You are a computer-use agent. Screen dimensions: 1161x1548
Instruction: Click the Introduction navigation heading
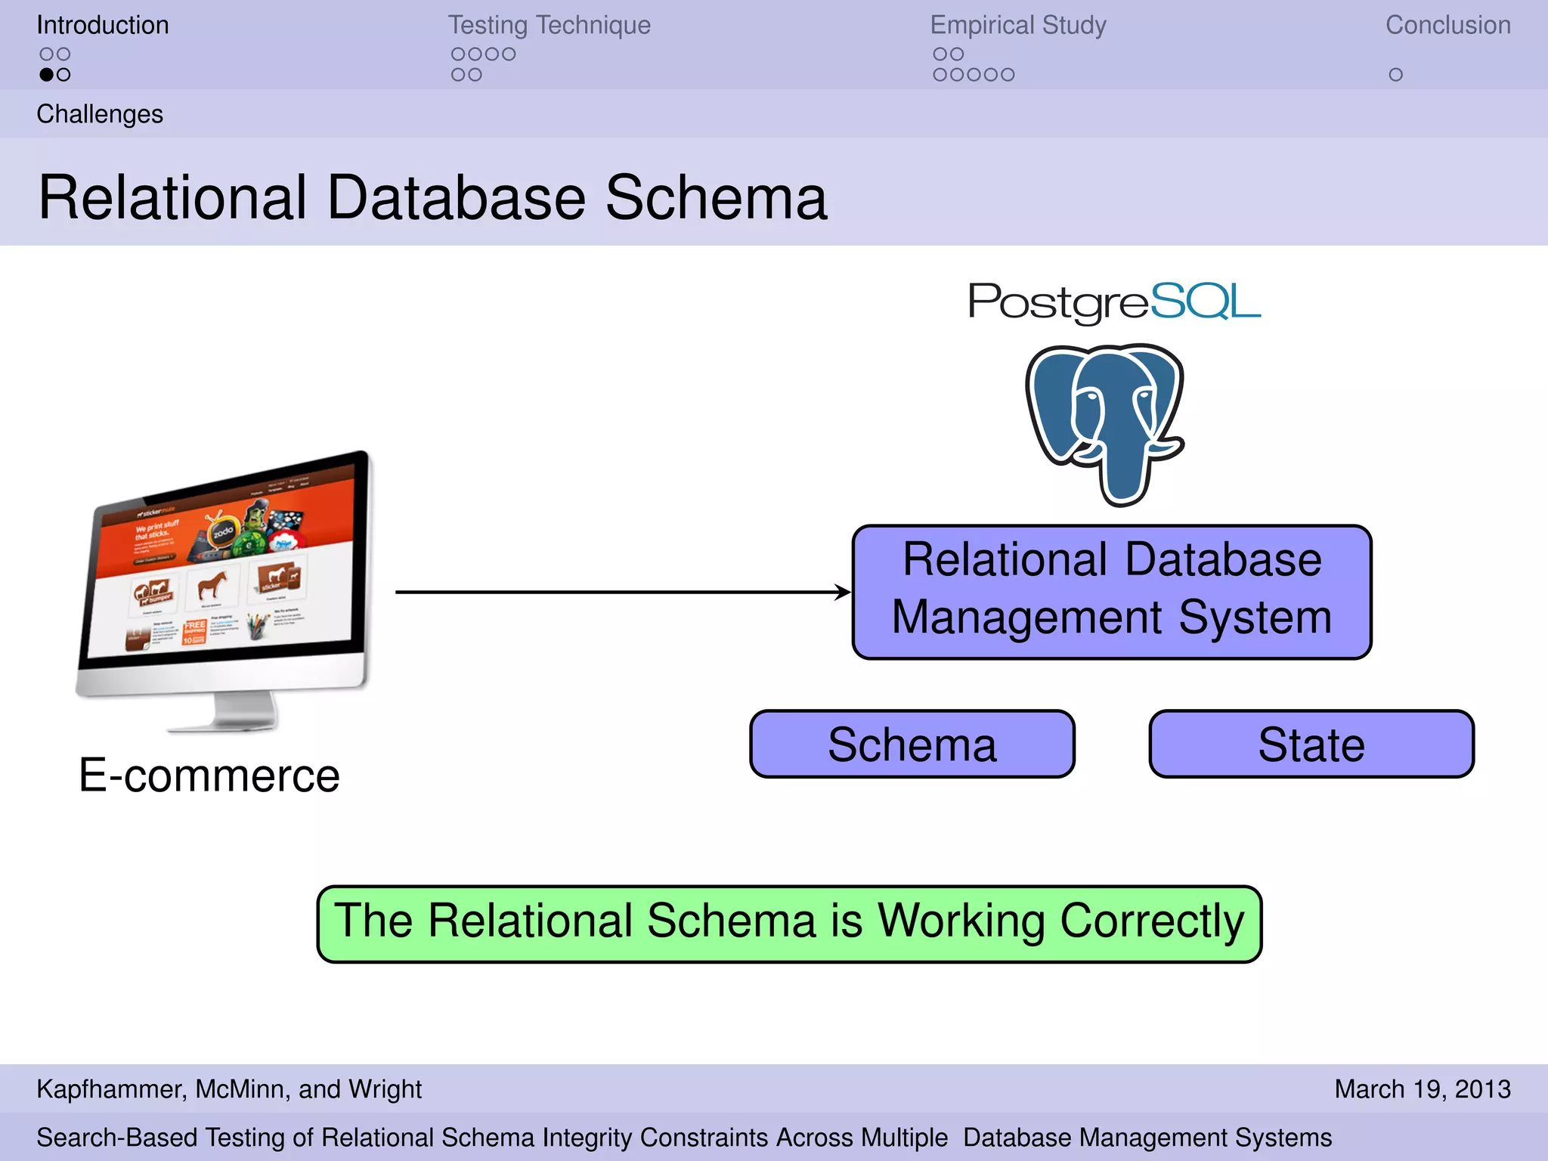tap(103, 25)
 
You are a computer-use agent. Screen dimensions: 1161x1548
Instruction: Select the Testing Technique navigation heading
tap(549, 25)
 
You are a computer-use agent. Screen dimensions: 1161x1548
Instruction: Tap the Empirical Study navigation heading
tap(1017, 25)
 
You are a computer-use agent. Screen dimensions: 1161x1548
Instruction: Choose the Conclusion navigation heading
tap(1447, 25)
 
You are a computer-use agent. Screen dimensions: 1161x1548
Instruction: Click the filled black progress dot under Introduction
tap(47, 75)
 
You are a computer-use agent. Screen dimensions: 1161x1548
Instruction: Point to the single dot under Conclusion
tap(1395, 75)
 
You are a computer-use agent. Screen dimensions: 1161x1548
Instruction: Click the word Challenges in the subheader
tap(100, 114)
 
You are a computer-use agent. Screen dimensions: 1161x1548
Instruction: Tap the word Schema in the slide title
tap(716, 198)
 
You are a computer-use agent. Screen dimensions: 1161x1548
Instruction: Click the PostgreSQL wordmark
tap(1114, 302)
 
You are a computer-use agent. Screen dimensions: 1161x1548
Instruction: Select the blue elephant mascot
tap(1105, 423)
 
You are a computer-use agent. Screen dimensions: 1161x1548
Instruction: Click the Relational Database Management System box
tap(1111, 592)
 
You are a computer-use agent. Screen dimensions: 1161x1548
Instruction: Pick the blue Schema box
tap(912, 745)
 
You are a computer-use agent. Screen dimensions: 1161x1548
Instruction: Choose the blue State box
tap(1311, 745)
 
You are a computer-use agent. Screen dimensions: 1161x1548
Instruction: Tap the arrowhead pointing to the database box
tap(843, 592)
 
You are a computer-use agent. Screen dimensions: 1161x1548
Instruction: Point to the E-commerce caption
tap(209, 776)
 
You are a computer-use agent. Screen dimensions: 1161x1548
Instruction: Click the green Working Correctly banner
tap(789, 924)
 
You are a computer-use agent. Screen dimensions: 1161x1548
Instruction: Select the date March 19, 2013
tap(1422, 1089)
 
